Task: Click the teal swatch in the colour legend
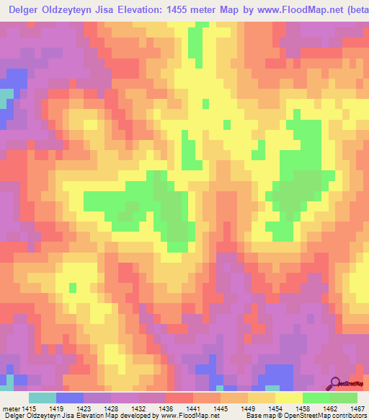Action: [x=43, y=398]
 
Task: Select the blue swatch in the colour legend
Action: [x=70, y=398]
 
